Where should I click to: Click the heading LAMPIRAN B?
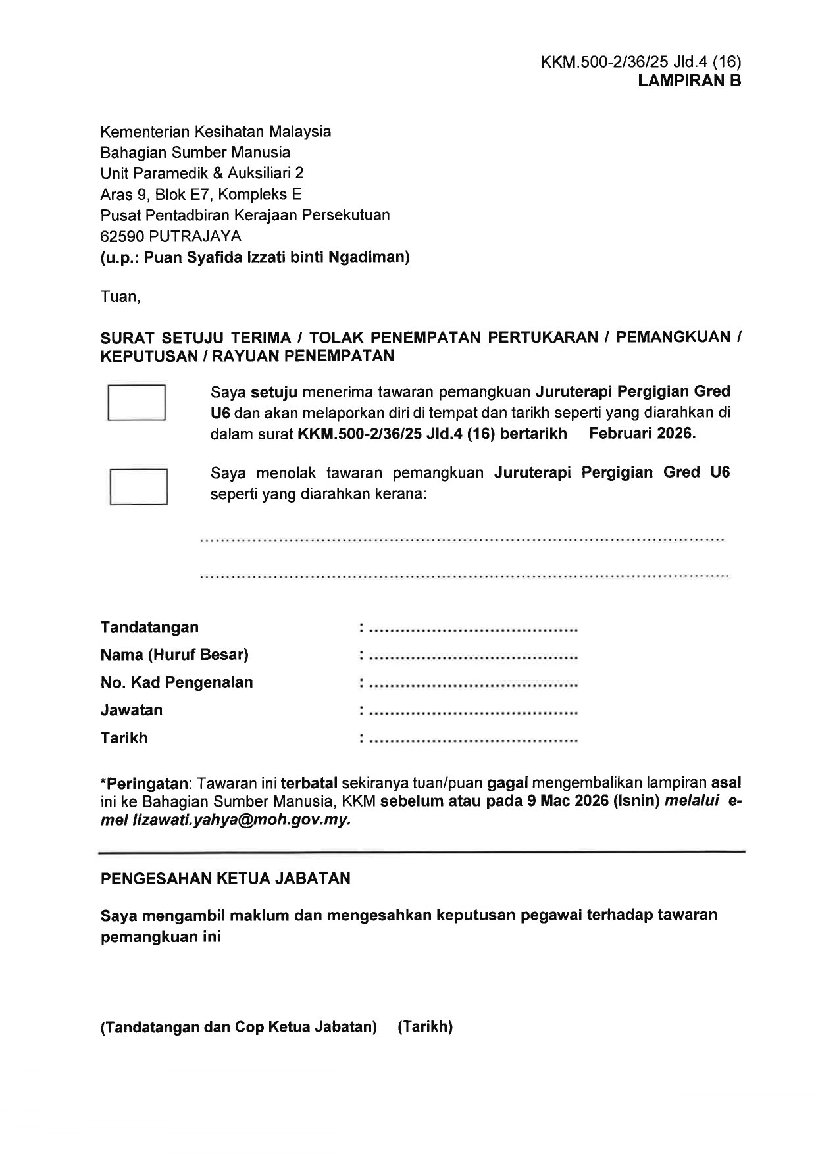689,81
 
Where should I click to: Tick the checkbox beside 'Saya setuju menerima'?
136,402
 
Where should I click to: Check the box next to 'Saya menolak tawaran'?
138,486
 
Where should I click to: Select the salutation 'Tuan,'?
120,297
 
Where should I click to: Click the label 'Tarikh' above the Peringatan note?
124,738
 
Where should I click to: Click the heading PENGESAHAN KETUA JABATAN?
225,878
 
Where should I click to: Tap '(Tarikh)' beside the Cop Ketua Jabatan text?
425,1027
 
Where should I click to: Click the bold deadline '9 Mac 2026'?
566,802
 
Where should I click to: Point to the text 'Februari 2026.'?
642,434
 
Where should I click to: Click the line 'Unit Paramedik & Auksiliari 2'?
202,173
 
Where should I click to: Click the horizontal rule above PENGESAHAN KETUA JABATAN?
421,852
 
